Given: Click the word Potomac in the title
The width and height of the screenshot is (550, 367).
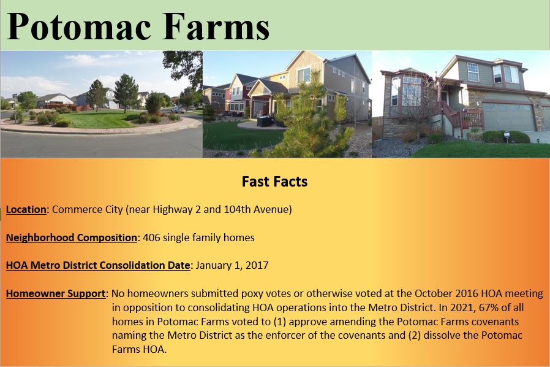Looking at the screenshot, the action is (x=79, y=27).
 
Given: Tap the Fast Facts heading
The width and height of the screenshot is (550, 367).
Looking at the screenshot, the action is (x=274, y=182).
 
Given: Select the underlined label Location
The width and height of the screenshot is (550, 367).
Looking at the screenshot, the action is (x=26, y=209).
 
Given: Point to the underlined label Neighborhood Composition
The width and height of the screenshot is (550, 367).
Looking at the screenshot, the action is (x=72, y=238).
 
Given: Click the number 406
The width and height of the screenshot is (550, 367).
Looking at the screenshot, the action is (x=151, y=238).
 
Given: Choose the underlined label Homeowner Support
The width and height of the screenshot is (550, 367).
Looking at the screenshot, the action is (x=56, y=293).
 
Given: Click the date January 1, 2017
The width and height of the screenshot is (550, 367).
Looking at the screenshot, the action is (x=232, y=265).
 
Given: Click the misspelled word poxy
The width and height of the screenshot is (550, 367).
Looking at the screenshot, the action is (x=251, y=294).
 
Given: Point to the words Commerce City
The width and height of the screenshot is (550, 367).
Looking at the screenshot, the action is (x=88, y=209).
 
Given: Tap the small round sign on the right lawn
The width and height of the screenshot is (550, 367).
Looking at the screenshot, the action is (x=507, y=134).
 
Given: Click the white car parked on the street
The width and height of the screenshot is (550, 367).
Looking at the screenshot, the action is (x=178, y=110).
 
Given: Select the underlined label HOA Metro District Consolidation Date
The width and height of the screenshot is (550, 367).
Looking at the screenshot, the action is (x=98, y=265).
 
